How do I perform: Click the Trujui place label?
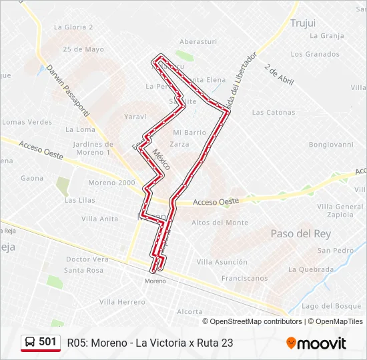302,23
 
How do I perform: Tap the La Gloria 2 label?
73,27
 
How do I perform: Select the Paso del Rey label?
300,233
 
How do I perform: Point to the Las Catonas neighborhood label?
274,113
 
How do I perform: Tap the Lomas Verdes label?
27,122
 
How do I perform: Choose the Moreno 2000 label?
111,183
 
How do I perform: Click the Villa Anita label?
99,219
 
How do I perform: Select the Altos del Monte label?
220,223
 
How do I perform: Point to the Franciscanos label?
244,279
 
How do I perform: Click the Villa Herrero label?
122,302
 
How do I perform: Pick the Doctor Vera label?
87,259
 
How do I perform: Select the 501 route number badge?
47,342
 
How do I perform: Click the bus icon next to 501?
30,342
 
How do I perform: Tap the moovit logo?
316,343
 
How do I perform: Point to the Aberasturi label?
198,41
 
